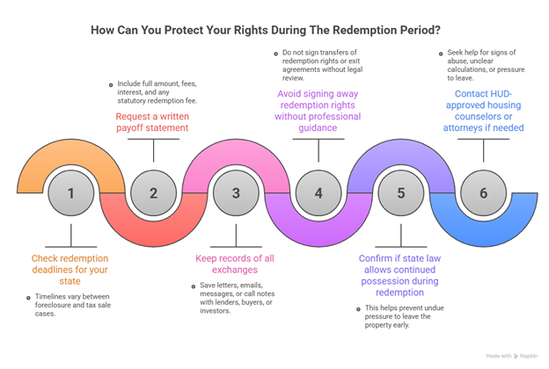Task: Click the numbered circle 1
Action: click(x=71, y=192)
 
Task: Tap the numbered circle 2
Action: click(x=153, y=192)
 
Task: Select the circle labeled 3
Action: click(x=236, y=192)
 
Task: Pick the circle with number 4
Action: click(x=318, y=192)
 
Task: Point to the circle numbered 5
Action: click(x=401, y=192)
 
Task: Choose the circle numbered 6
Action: click(x=483, y=192)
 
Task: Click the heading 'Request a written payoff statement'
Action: click(x=152, y=121)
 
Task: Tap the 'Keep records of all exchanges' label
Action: click(x=236, y=264)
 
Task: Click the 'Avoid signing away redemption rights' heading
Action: click(x=318, y=110)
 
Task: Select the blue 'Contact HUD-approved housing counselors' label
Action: click(x=483, y=110)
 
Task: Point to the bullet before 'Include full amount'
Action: click(x=110, y=85)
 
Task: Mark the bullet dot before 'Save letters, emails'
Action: click(x=191, y=287)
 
